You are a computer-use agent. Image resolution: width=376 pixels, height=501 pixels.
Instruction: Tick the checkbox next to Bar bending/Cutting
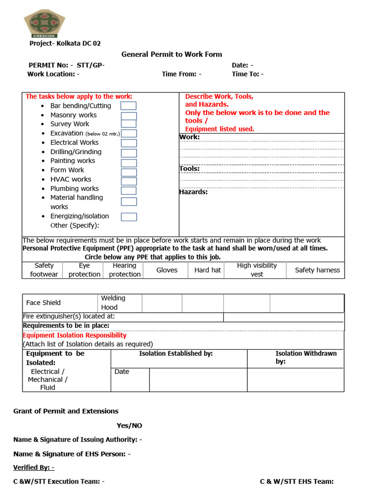[128, 106]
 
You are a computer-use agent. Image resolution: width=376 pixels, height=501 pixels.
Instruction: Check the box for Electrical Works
[128, 143]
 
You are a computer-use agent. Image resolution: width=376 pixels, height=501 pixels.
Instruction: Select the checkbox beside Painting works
[128, 163]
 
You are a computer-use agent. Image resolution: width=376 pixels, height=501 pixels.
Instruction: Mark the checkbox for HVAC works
[128, 182]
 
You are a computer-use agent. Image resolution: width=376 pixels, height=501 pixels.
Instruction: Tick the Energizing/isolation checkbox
[128, 217]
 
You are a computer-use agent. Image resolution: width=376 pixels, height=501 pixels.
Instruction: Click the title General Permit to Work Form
[171, 54]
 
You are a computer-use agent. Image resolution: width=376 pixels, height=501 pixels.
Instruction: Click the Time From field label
[181, 74]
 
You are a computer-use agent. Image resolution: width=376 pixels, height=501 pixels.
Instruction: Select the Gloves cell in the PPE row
[167, 270]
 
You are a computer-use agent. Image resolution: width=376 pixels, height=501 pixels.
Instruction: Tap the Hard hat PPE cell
[208, 270]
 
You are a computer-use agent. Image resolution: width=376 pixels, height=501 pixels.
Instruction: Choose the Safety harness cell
[317, 270]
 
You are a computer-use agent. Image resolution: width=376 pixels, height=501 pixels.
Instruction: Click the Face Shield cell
[44, 303]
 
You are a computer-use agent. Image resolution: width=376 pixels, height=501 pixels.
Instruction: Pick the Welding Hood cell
[113, 303]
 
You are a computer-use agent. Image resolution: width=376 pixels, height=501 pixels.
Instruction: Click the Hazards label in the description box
[193, 192]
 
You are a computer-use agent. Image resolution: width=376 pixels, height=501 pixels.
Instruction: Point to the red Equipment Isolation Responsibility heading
[74, 335]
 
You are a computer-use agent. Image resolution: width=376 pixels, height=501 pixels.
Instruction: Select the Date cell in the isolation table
[122, 372]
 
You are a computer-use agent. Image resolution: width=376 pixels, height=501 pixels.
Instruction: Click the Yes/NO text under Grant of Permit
[129, 426]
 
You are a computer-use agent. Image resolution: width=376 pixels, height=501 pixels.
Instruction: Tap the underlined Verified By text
[34, 467]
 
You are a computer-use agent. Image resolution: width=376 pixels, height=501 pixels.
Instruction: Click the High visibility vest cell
[257, 270]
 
